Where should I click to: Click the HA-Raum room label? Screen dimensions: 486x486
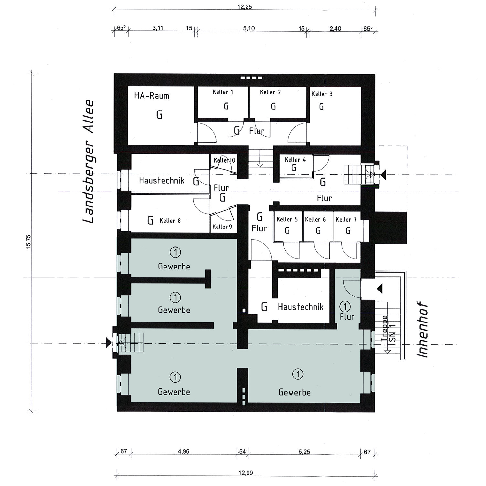tap(152, 96)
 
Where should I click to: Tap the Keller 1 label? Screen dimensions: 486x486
tap(223, 92)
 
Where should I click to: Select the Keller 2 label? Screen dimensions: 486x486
tap(270, 92)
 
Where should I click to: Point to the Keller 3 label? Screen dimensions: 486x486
tap(322, 94)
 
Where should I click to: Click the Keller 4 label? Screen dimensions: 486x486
tap(295, 160)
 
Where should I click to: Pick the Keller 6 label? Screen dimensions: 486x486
tap(315, 219)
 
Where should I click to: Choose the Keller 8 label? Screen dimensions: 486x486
tap(170, 221)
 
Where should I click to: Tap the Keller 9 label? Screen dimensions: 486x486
tap(222, 227)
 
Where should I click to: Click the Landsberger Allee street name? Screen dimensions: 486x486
tap(88, 162)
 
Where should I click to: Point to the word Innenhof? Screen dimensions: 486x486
tap(422, 330)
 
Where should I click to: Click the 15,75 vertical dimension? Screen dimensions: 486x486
tap(28, 242)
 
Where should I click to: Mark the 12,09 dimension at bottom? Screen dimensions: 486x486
tap(246, 473)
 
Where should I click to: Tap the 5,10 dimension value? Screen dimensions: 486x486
tap(249, 28)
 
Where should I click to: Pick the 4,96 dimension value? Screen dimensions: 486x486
tap(184, 451)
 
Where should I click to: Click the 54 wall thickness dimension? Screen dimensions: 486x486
tap(242, 452)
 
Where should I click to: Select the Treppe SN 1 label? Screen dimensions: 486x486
tap(388, 328)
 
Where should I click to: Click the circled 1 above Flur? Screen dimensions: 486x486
tap(345, 306)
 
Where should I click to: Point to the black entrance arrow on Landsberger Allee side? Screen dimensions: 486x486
tap(109, 343)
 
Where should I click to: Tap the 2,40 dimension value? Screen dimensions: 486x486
tap(335, 28)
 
